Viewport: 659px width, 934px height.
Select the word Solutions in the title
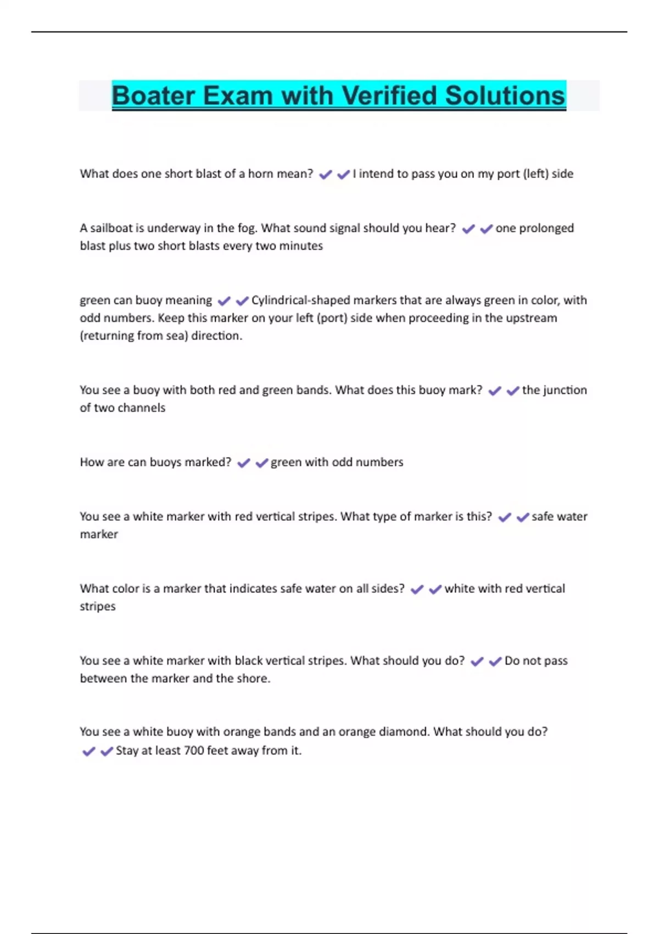pyautogui.click(x=505, y=96)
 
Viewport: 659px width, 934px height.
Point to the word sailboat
pyautogui.click(x=113, y=228)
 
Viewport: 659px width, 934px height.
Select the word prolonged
pyautogui.click(x=544, y=229)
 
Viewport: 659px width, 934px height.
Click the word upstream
pyautogui.click(x=530, y=318)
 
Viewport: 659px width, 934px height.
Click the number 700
pyautogui.click(x=194, y=750)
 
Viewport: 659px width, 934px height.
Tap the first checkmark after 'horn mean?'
pyautogui.click(x=325, y=175)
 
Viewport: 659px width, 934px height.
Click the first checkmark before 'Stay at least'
pyautogui.click(x=88, y=752)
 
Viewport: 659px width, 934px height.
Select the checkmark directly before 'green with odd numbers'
pyautogui.click(x=261, y=463)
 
